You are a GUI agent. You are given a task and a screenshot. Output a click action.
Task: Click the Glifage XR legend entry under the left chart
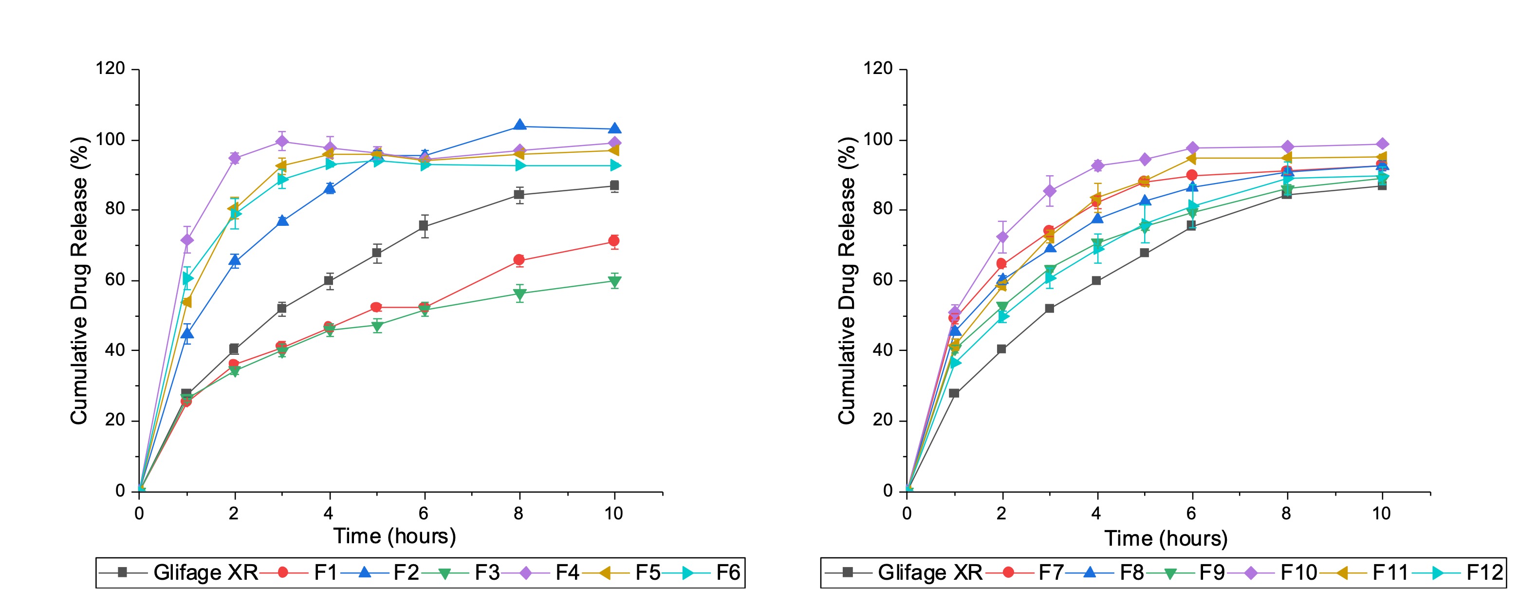(x=179, y=573)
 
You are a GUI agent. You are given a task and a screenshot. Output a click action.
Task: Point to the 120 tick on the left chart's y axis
(x=111, y=69)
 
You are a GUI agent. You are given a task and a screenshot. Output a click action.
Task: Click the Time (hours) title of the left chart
(x=394, y=536)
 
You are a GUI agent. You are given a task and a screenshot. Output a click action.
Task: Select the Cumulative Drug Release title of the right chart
(x=847, y=280)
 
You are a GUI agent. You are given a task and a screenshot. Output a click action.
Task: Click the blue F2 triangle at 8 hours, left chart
(x=519, y=125)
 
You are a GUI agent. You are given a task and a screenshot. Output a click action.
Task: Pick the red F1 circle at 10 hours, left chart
(x=614, y=241)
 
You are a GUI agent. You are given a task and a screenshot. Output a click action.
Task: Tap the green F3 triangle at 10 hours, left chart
(x=614, y=282)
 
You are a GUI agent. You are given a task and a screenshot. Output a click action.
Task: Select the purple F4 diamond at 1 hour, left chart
(x=187, y=240)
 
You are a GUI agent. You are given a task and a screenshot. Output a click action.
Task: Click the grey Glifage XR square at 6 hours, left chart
(x=424, y=225)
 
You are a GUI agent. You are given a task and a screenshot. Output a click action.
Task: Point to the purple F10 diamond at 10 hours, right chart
(x=1382, y=145)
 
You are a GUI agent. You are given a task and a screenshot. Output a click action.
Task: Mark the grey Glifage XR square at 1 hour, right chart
(x=954, y=393)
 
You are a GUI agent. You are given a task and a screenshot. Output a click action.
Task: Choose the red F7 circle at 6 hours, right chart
(x=1191, y=175)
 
